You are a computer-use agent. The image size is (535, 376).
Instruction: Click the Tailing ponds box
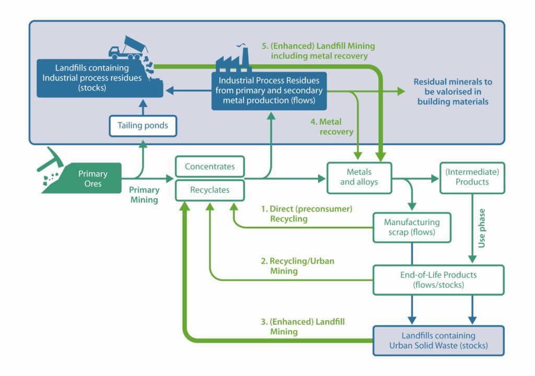click(142, 126)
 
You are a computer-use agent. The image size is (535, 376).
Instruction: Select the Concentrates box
click(210, 167)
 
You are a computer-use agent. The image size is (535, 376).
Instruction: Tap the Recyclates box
click(210, 190)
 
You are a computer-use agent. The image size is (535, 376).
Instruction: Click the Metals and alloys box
click(359, 177)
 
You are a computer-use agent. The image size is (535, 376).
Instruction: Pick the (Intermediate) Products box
click(472, 177)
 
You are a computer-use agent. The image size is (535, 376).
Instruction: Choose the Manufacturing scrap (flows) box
click(412, 227)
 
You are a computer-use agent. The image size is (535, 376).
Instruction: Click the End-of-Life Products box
click(438, 279)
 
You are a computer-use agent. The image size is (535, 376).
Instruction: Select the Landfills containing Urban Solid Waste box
click(438, 340)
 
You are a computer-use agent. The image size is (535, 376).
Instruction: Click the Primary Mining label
click(144, 195)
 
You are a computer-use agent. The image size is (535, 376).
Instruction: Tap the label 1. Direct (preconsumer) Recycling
click(306, 214)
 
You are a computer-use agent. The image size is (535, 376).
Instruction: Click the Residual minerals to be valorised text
click(452, 92)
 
